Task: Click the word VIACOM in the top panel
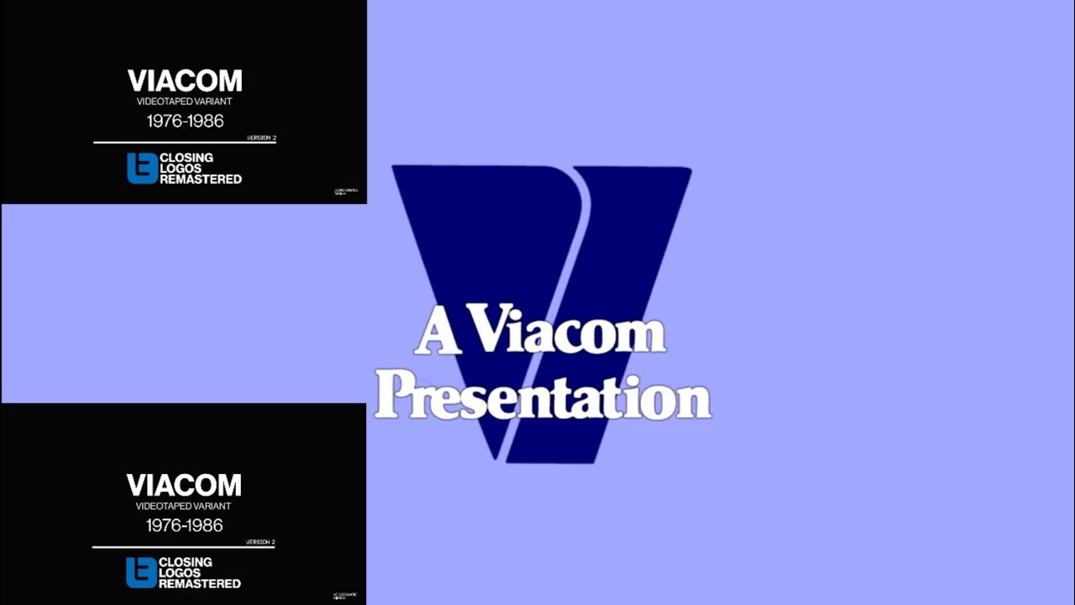tap(185, 82)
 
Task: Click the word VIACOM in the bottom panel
tap(184, 486)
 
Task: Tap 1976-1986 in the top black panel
tap(185, 121)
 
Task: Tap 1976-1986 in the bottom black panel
tap(184, 525)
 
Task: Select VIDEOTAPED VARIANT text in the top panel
tap(184, 102)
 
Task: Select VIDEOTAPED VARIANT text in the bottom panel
tap(183, 506)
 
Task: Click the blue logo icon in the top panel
tap(142, 168)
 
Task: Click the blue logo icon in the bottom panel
tap(141, 572)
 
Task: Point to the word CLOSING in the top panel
tap(186, 157)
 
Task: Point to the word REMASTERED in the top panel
tap(201, 179)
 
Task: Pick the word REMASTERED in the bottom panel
tap(200, 583)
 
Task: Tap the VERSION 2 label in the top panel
tap(261, 138)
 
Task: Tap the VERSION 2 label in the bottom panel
tap(260, 542)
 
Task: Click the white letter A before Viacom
tap(436, 334)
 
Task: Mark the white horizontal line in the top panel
tap(185, 143)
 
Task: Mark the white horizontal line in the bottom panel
tap(184, 547)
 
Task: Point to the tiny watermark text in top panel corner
tap(345, 191)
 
